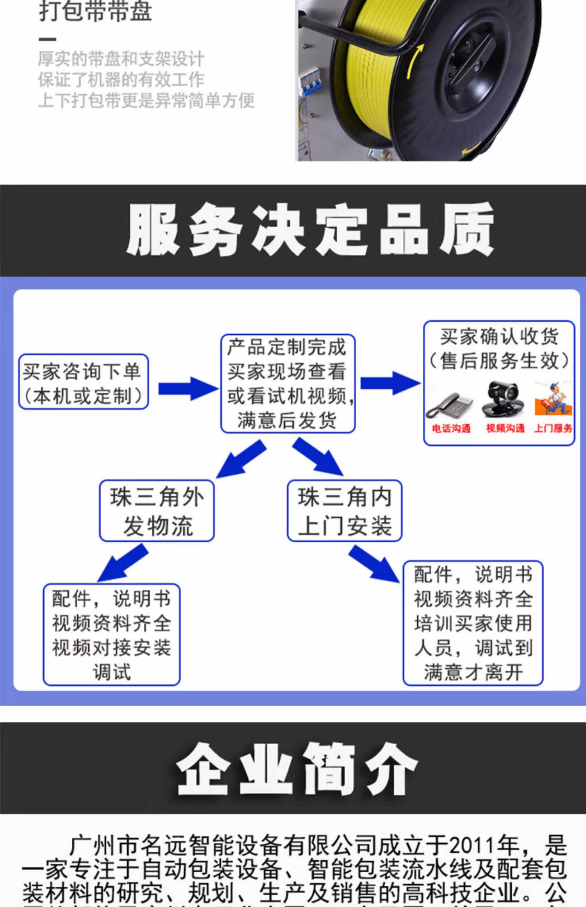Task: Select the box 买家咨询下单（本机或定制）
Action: (83, 382)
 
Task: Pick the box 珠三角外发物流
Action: (157, 511)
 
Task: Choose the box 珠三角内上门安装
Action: (345, 511)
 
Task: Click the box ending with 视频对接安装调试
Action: (111, 634)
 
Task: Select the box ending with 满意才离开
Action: (473, 623)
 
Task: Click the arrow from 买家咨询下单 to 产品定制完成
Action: (188, 388)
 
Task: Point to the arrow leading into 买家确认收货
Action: (390, 383)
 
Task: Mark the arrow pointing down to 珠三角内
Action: (318, 457)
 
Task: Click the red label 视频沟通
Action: (505, 429)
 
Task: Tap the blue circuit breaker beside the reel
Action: (307, 80)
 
